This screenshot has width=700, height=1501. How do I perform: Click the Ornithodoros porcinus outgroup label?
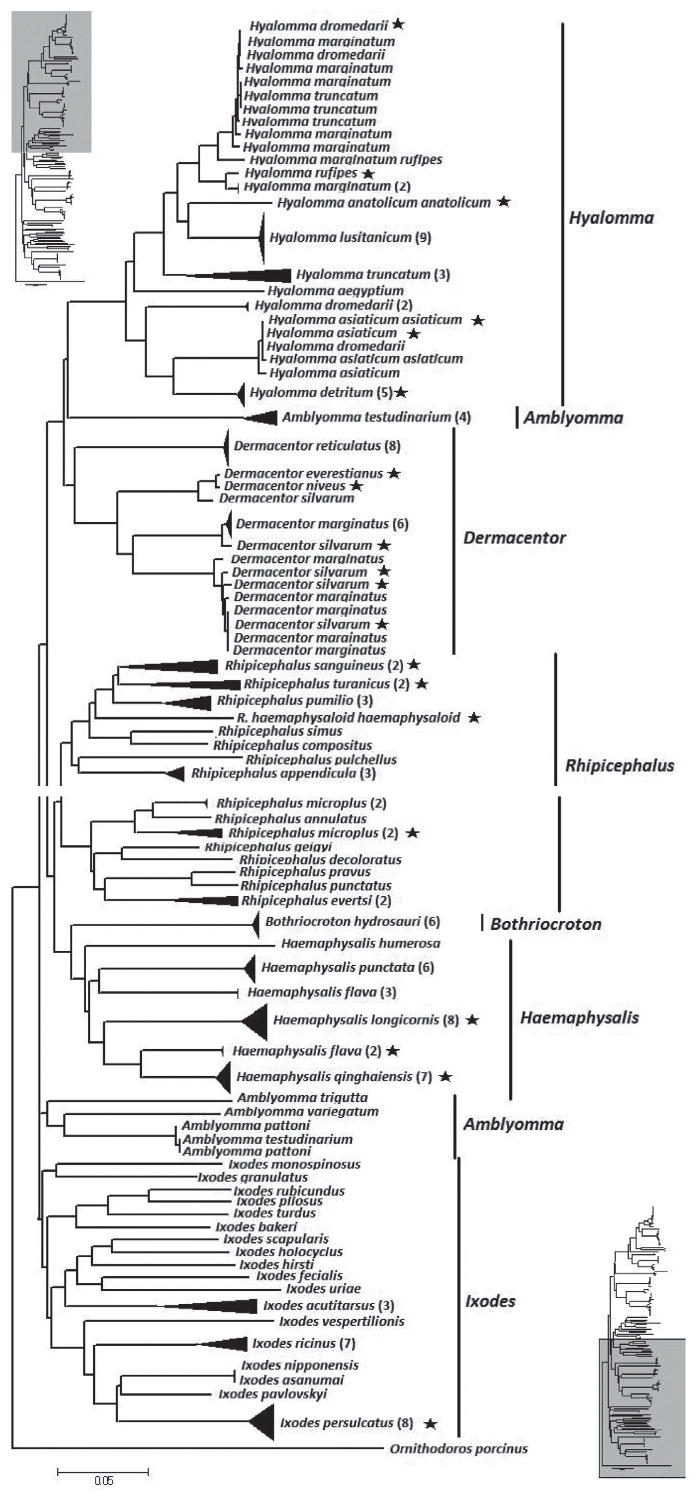point(459,1449)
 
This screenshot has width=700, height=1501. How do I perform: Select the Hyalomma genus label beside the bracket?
point(611,218)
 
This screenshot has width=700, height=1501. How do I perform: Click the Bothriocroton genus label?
point(545,924)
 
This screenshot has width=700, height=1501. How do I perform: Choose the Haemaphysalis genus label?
point(579,1017)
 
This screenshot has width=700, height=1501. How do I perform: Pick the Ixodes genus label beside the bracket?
point(490,1301)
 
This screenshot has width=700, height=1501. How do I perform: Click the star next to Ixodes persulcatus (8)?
point(430,1423)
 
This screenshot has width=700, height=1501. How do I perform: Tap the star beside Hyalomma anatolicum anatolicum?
point(503,202)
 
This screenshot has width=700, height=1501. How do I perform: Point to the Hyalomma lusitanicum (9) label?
point(350,237)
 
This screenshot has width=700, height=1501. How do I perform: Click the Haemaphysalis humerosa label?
point(361,943)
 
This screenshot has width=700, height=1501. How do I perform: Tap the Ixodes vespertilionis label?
point(341,1321)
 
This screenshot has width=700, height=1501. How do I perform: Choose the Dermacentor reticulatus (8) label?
point(317,446)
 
